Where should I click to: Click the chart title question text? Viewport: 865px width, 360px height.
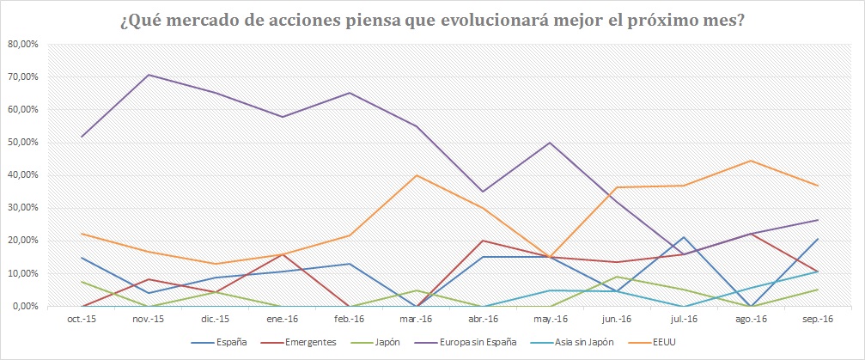[x=432, y=19]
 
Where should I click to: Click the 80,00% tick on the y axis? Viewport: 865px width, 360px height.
[x=22, y=44]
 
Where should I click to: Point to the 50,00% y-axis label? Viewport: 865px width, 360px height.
[x=22, y=143]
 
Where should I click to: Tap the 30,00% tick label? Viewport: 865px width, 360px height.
[x=22, y=208]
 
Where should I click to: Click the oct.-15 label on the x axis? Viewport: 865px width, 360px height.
[x=82, y=320]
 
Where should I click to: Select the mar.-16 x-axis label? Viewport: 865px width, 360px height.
[x=416, y=320]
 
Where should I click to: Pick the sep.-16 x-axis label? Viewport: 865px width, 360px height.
[x=817, y=320]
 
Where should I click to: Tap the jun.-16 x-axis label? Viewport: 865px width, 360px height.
[x=617, y=320]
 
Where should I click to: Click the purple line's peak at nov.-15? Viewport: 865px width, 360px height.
[x=149, y=75]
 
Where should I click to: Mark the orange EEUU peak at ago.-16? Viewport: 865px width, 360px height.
[x=750, y=161]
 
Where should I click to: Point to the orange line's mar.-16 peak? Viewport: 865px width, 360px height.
[x=416, y=175]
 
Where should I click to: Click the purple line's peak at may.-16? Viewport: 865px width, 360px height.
[x=550, y=143]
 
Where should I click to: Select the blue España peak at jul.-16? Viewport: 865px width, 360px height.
[x=683, y=237]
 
